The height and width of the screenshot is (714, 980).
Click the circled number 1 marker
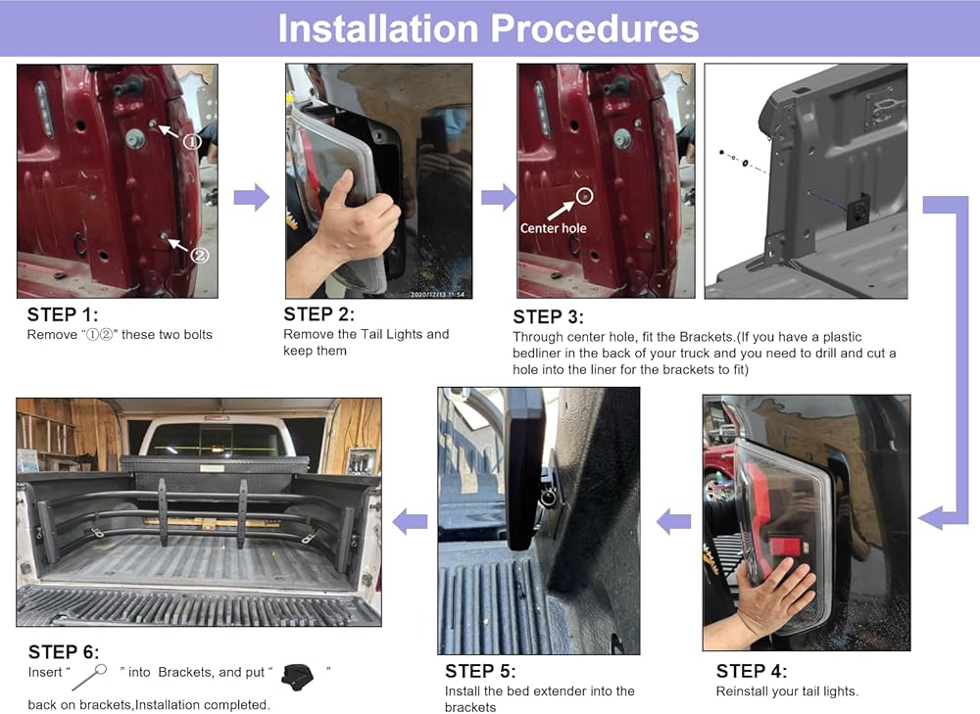[x=192, y=142]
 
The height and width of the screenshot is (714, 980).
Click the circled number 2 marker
[x=199, y=255]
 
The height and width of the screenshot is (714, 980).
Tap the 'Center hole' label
[x=553, y=228]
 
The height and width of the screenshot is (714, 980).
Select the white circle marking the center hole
[x=584, y=196]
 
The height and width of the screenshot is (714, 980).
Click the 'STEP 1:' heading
[x=63, y=314]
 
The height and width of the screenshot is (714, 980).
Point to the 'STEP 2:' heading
[x=318, y=314]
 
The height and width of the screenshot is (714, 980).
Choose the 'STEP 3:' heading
[x=548, y=316]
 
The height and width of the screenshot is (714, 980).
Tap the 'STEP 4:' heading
[x=752, y=671]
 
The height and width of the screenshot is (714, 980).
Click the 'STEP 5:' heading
[x=480, y=671]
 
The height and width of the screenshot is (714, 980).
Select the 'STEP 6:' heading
[x=64, y=652]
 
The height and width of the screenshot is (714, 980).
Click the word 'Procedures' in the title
[x=595, y=28]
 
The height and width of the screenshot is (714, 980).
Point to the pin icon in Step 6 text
[x=89, y=677]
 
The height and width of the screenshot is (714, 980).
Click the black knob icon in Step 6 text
[x=297, y=677]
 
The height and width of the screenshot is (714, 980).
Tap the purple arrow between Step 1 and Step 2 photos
[x=251, y=197]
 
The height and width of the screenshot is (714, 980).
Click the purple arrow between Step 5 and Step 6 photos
[x=410, y=521]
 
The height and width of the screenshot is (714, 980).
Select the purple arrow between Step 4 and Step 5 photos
[x=674, y=521]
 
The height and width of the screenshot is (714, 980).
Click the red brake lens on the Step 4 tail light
[x=785, y=545]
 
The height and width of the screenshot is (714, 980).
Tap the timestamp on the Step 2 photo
[x=437, y=294]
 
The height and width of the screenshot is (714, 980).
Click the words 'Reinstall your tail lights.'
[x=787, y=691]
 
